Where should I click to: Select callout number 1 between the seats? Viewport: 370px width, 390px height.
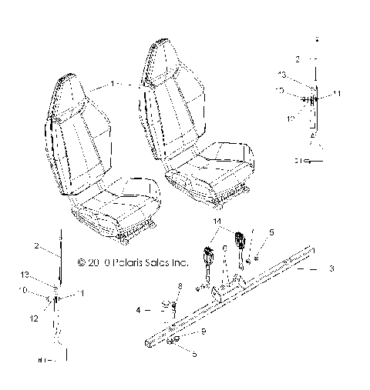[113, 82]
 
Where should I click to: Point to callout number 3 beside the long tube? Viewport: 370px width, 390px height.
[331, 268]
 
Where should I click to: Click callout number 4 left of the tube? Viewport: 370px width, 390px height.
[140, 310]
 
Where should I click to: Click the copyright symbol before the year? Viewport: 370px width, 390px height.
[82, 262]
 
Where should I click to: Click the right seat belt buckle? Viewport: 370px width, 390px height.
[239, 236]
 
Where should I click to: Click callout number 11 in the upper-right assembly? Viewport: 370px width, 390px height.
[338, 93]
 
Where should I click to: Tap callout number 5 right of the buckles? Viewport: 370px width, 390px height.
[271, 231]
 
